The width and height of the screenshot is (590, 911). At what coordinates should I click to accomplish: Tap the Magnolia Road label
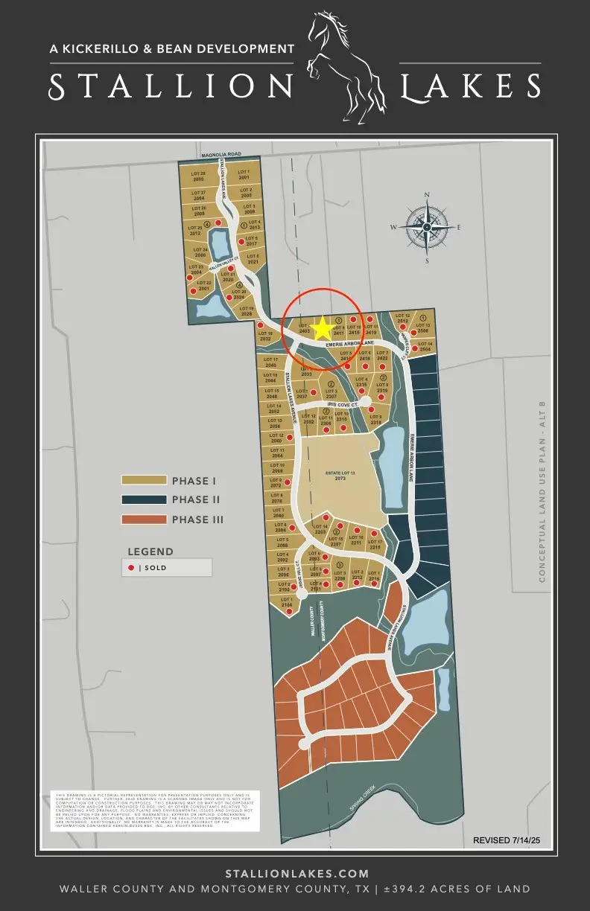point(222,154)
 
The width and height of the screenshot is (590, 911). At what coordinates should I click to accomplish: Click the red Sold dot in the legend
point(131,568)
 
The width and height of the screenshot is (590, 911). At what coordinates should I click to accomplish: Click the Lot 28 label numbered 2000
point(198,176)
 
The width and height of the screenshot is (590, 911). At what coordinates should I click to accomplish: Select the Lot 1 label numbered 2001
point(244,176)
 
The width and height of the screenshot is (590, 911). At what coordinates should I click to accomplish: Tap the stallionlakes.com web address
point(296,873)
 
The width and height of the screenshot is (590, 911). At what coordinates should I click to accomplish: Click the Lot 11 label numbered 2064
point(277,453)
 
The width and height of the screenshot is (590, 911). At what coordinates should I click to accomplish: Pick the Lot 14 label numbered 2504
point(425,346)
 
